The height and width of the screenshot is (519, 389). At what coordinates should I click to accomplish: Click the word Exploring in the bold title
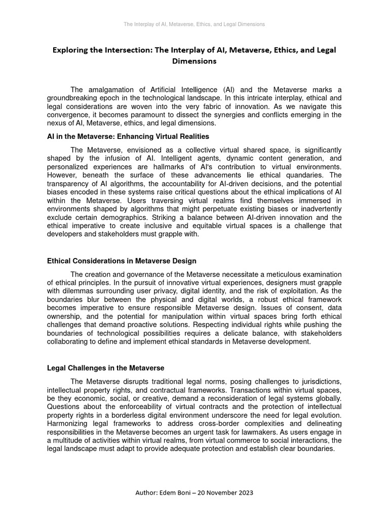coord(71,50)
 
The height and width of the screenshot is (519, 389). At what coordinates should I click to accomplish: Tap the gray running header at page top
coord(194,24)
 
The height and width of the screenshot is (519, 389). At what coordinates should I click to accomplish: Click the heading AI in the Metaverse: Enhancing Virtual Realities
coord(128,137)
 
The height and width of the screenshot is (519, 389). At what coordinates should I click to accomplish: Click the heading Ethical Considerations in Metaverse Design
coord(122,261)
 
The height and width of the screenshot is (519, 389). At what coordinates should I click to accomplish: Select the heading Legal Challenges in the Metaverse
coord(105,367)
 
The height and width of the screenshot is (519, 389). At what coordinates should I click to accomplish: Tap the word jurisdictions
coord(320,381)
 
